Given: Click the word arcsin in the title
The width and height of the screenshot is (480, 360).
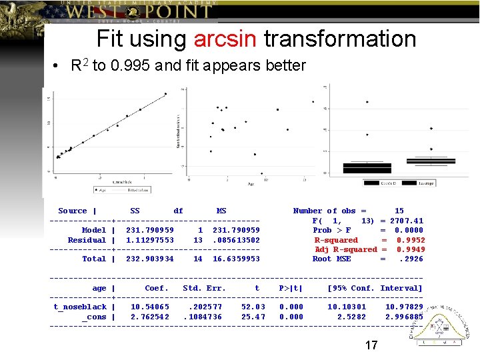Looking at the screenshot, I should (225, 39).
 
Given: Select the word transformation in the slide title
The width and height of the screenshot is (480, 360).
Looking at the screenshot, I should (340, 39).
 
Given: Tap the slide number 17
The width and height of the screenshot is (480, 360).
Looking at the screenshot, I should (371, 345).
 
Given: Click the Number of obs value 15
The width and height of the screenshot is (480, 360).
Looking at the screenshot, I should (399, 211).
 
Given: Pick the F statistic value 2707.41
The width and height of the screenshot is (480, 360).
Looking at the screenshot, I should (407, 221).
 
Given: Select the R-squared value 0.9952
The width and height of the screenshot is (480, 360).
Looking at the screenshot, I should (411, 240).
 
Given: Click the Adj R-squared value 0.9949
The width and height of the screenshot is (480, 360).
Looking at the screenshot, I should (411, 249).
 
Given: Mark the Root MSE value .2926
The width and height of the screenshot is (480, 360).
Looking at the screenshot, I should (411, 259).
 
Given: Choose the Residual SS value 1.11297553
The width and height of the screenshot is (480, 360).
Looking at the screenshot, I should (150, 240).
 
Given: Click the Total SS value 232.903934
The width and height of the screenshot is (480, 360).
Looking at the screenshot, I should (150, 259).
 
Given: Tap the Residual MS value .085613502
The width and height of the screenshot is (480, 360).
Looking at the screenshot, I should (236, 240).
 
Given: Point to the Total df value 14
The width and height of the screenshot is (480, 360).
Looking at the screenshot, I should (198, 259).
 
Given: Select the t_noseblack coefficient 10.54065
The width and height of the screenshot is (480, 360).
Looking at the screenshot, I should (150, 307).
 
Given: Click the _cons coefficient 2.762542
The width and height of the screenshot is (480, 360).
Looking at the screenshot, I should (150, 317).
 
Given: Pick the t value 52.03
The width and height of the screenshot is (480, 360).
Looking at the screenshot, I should (253, 307).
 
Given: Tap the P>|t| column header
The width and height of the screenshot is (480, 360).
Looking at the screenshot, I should (291, 288).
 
